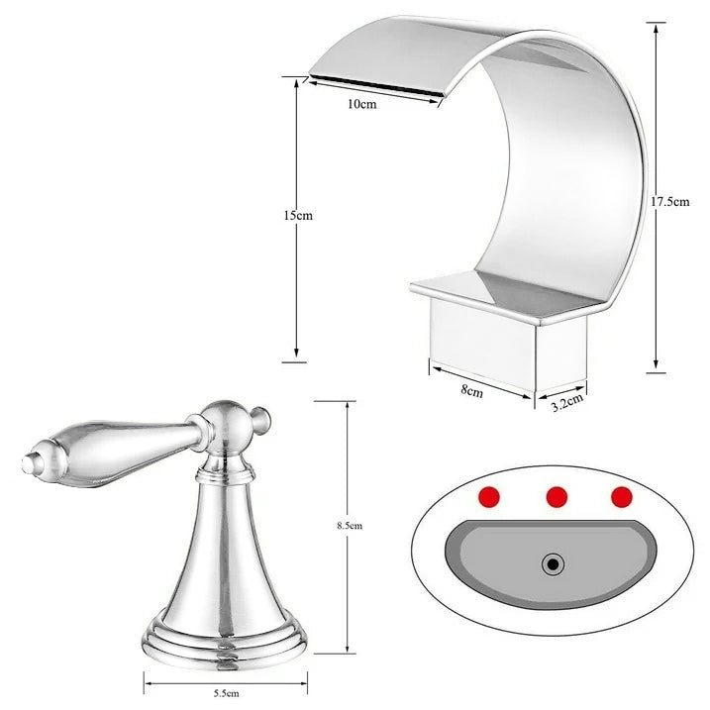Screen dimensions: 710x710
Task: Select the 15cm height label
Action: pos(297,215)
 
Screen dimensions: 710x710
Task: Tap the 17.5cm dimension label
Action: pos(668,201)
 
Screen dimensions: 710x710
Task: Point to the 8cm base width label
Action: pos(471,392)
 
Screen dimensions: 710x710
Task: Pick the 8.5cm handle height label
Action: pos(350,526)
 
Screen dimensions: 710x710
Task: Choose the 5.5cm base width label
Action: pos(225,693)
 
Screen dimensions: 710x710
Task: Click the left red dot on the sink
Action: pos(487,496)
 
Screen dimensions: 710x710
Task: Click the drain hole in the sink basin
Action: pos(553,565)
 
